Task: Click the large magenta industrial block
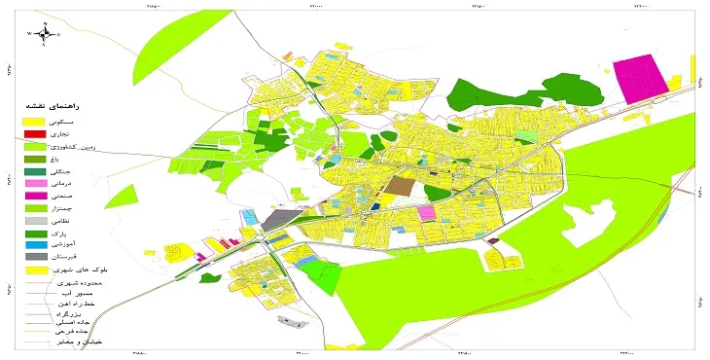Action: tap(639, 78)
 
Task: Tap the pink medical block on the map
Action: tap(426, 212)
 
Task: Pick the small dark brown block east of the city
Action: tap(493, 240)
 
